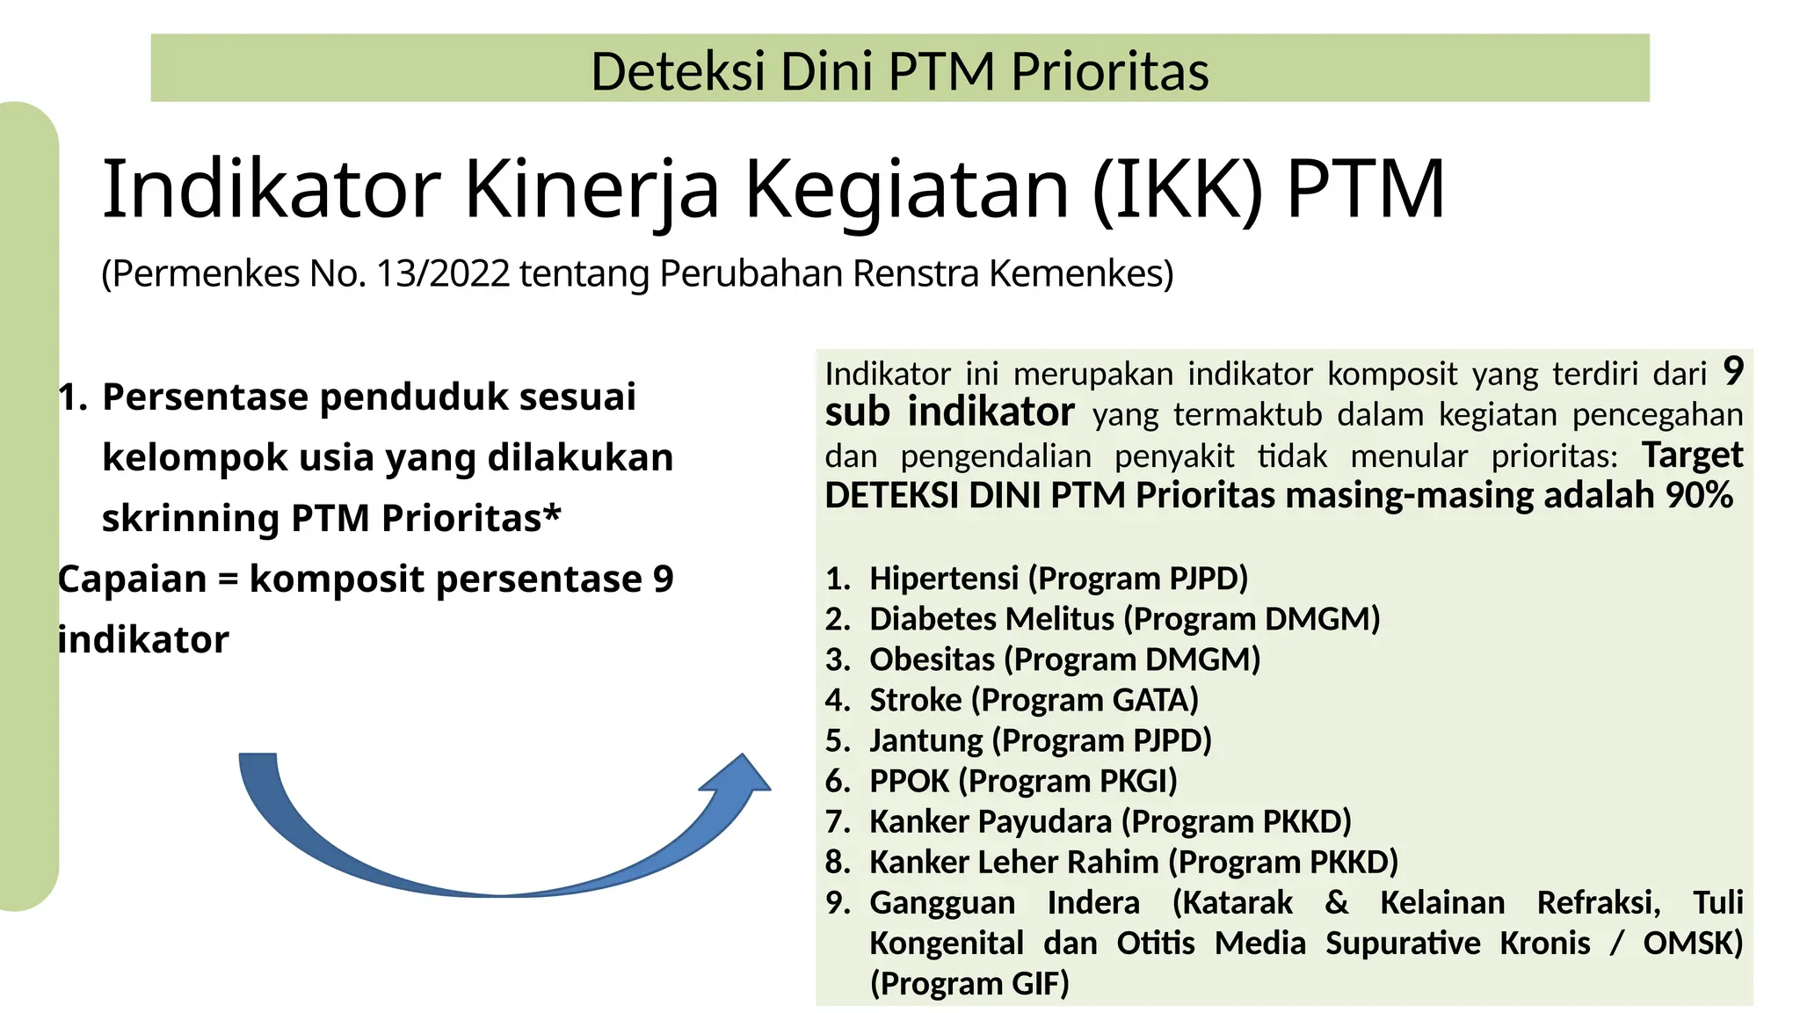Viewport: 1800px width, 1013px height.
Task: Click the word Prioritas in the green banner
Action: click(1109, 71)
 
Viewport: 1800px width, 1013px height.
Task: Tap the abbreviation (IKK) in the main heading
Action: click(1178, 189)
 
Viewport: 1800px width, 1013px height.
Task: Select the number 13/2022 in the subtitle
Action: click(443, 273)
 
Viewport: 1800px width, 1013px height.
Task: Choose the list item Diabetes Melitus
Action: click(991, 619)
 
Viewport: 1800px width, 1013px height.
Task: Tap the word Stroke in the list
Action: click(915, 700)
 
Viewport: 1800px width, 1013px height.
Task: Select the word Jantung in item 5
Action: click(925, 740)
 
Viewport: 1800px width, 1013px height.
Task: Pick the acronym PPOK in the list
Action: click(909, 781)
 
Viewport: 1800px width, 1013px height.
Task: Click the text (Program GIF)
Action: click(969, 983)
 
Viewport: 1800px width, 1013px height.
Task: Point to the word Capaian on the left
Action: click(132, 579)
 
